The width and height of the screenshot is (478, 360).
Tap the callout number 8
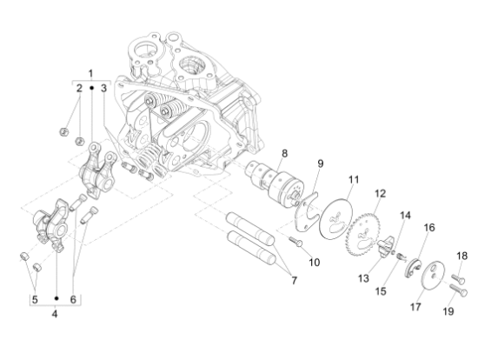pyautogui.click(x=283, y=153)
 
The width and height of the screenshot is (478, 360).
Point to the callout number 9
pyautogui.click(x=319, y=163)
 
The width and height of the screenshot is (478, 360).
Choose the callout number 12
pyautogui.click(x=380, y=193)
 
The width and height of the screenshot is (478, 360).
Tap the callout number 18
pyautogui.click(x=462, y=256)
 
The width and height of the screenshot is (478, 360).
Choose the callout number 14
pyautogui.click(x=405, y=215)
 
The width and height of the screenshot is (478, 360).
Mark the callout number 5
pyautogui.click(x=35, y=299)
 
